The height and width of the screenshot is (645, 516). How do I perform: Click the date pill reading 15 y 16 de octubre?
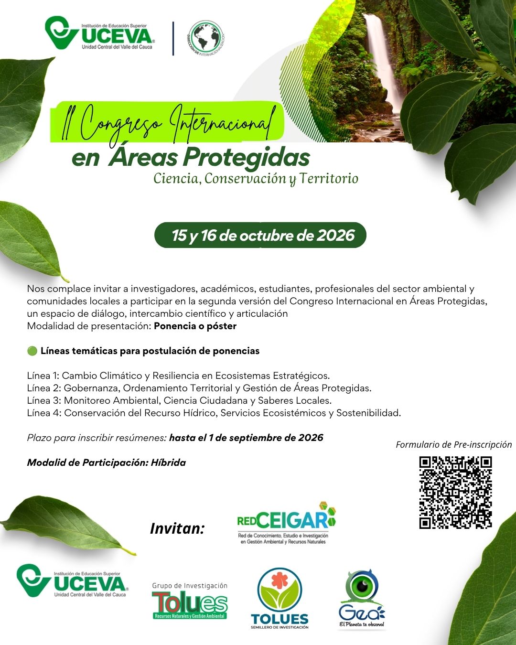coord(260,235)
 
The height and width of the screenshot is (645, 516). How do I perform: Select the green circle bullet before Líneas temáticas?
coord(32,351)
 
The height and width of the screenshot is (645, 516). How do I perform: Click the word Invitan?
coord(177,528)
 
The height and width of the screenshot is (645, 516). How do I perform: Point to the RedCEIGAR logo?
coord(286,523)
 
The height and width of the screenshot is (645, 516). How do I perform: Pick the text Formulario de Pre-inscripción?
coord(453,444)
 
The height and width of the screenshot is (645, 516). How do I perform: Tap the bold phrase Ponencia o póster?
coord(195,326)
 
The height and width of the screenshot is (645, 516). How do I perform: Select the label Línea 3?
coord(44,400)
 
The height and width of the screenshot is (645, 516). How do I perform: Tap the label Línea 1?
coord(43,376)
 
